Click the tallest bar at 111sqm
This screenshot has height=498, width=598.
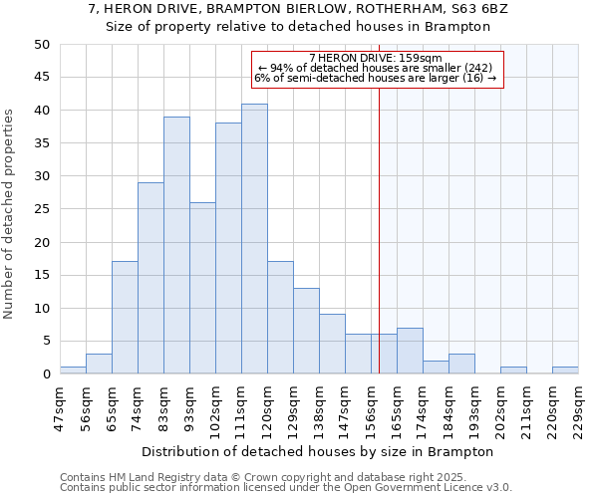(x=254, y=239)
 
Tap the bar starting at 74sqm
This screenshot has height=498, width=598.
(x=150, y=278)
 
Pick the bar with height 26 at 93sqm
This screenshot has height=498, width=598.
(x=202, y=288)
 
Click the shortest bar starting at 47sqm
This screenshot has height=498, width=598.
(x=73, y=371)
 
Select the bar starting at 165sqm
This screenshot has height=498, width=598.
(x=410, y=351)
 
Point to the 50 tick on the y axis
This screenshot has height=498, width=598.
(x=42, y=45)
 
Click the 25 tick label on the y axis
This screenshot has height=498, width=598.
(x=42, y=209)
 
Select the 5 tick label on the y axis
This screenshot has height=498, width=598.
(x=46, y=342)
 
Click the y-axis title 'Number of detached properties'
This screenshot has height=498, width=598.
(x=9, y=214)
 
